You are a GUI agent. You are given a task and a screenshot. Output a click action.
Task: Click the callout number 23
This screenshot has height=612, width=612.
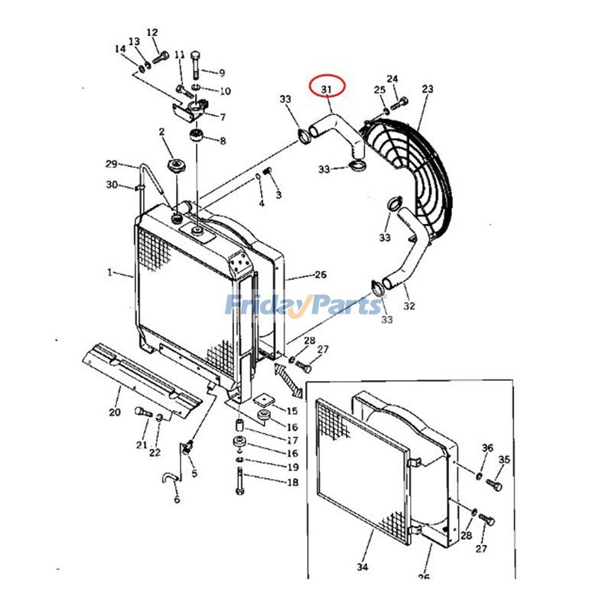[427, 89]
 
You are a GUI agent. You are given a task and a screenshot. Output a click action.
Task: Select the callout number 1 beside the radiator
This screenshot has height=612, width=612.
[110, 272]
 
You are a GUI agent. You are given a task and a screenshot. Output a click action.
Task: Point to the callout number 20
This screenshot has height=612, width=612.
[115, 413]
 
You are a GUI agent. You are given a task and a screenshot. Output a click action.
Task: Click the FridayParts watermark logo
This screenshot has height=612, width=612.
[304, 306]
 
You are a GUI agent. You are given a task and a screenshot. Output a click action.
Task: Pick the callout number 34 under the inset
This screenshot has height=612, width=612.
[363, 567]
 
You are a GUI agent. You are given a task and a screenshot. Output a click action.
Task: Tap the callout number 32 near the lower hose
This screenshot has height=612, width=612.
[409, 306]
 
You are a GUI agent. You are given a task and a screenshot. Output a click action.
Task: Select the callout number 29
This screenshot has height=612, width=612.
[111, 164]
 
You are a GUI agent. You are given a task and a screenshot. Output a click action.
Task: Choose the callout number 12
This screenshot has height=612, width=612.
[152, 32]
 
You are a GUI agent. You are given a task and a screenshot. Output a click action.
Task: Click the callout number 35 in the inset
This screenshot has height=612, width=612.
[504, 459]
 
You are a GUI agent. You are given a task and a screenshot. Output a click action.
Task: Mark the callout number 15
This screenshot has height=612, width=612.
[292, 412]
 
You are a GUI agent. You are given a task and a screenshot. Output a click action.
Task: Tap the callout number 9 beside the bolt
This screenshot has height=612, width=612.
[221, 73]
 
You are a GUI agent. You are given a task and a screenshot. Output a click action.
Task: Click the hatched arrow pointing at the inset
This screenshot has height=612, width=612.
[285, 378]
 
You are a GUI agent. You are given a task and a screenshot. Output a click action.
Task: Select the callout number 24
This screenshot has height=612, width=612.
[392, 79]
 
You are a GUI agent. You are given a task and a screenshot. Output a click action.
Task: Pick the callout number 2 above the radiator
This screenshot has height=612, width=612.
[162, 132]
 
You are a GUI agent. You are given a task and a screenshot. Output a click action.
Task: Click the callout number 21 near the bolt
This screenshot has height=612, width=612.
[142, 445]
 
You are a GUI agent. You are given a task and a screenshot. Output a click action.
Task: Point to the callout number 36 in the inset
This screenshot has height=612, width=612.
[487, 448]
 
